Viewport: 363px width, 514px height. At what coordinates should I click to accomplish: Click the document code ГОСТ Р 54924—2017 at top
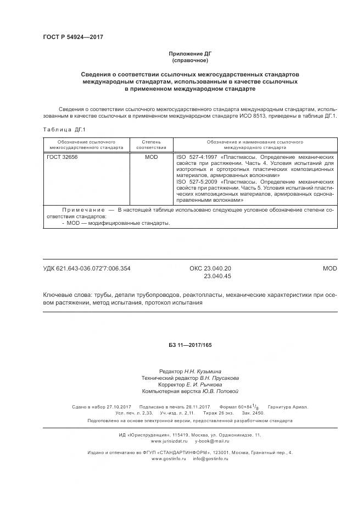pos(73,37)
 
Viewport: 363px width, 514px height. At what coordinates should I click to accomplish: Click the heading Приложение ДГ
pos(190,54)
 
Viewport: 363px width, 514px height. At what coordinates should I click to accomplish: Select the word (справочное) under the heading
pos(190,60)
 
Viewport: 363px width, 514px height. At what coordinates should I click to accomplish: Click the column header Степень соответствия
pos(151,145)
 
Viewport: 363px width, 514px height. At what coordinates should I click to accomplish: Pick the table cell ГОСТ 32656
pos(62,157)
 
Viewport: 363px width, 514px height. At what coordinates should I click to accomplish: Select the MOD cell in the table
pos(151,157)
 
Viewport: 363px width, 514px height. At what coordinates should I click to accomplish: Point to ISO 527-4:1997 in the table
pos(197,157)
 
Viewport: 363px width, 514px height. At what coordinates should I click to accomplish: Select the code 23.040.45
pos(217,276)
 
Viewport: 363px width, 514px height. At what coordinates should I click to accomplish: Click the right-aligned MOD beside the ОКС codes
pos(330,268)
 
